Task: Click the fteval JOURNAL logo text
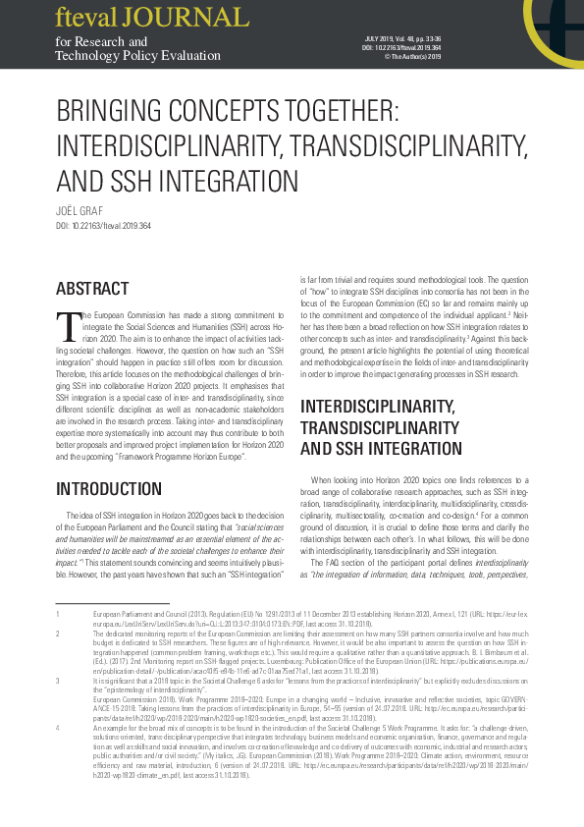(152, 18)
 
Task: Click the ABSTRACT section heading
(92, 289)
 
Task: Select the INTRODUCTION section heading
(108, 489)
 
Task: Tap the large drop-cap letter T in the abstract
(69, 326)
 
